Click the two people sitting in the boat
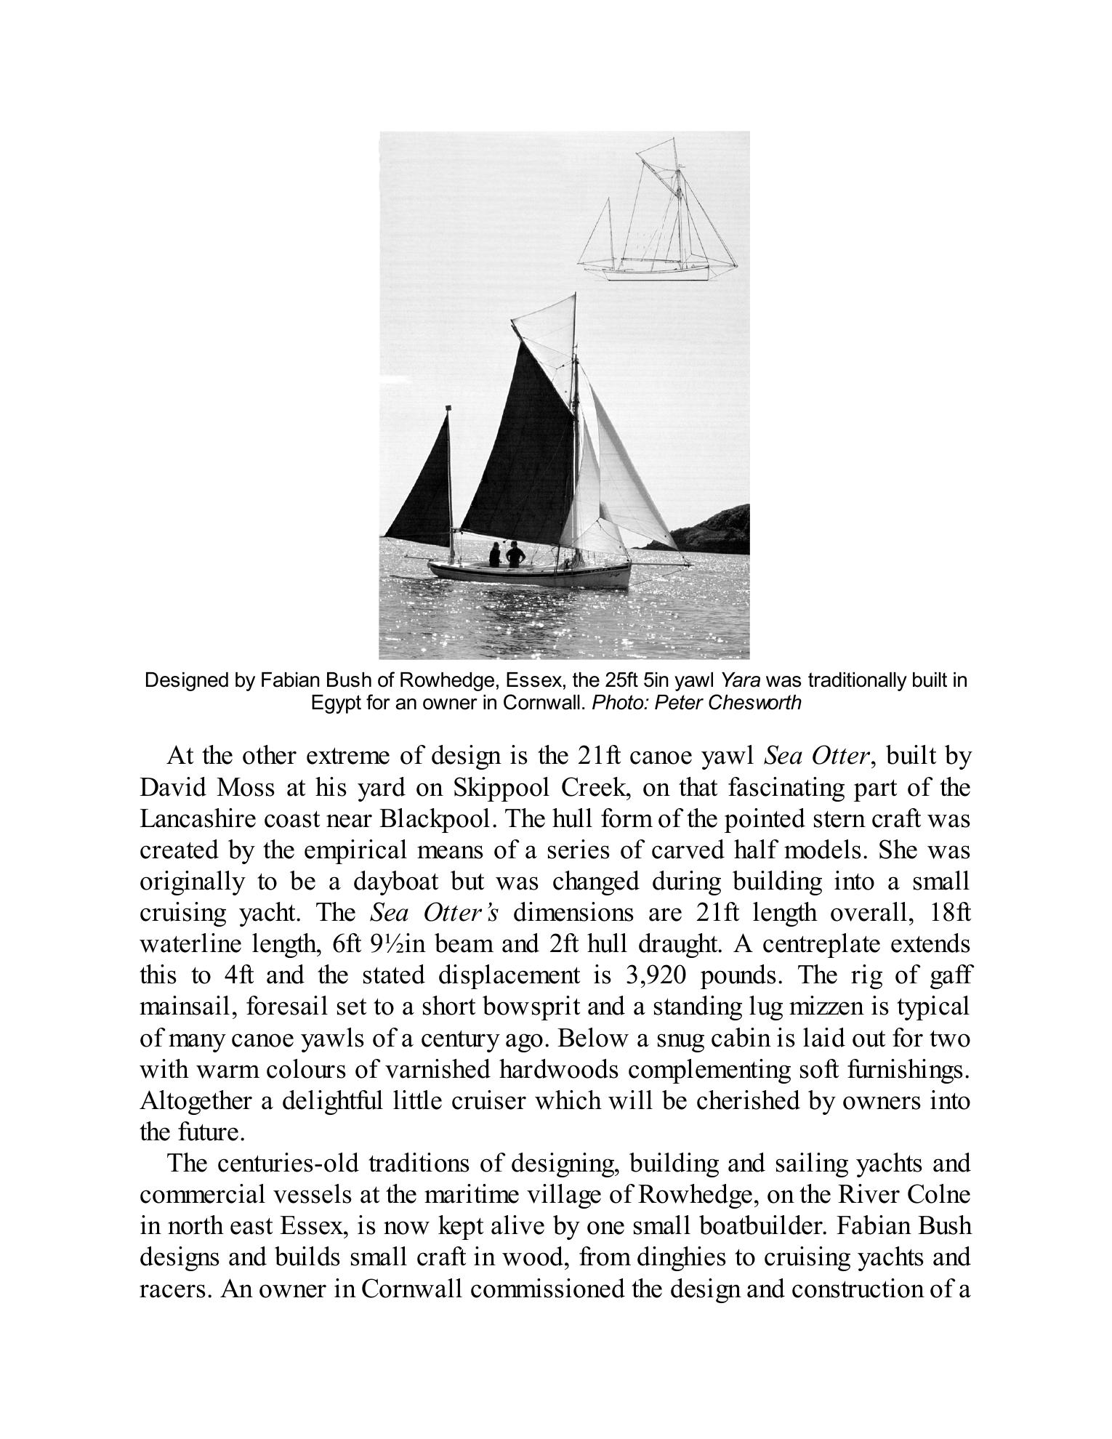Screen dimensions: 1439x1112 507,555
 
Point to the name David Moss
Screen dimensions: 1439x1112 206,788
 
